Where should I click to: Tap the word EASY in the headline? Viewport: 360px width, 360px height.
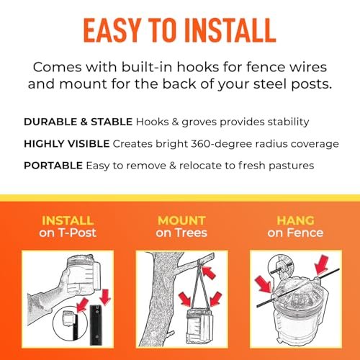tap(112, 31)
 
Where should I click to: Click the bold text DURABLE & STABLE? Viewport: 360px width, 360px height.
tap(78, 122)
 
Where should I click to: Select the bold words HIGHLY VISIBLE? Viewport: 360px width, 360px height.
tap(67, 144)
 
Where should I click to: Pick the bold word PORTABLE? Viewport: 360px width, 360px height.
tap(53, 166)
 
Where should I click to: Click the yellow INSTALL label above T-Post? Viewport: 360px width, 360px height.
tap(68, 220)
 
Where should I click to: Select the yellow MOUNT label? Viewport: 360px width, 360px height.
tap(181, 220)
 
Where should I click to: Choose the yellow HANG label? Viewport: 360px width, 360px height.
tap(295, 220)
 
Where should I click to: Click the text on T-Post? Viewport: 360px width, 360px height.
tap(68, 233)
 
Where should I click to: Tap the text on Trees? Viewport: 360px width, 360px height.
tap(181, 233)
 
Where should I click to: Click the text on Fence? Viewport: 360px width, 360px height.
tap(295, 233)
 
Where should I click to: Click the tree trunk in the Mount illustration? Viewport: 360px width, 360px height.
tap(163, 300)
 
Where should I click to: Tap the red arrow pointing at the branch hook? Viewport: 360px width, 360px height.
tap(208, 271)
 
